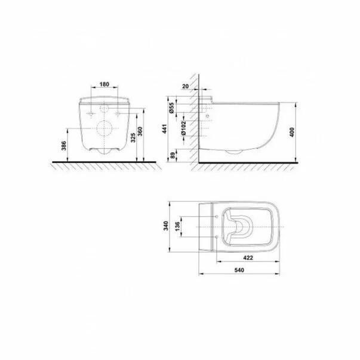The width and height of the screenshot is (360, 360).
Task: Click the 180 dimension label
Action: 104,85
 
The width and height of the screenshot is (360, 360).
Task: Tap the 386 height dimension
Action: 64,146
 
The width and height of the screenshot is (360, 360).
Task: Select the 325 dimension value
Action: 133,137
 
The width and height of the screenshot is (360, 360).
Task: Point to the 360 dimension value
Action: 140,131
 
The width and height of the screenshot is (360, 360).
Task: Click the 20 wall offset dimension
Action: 185,87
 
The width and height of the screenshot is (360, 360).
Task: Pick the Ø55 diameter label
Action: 171,108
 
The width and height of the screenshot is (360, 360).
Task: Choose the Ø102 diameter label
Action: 183,128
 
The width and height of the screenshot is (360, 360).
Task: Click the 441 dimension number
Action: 165,129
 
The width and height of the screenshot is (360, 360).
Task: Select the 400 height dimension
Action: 292,133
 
